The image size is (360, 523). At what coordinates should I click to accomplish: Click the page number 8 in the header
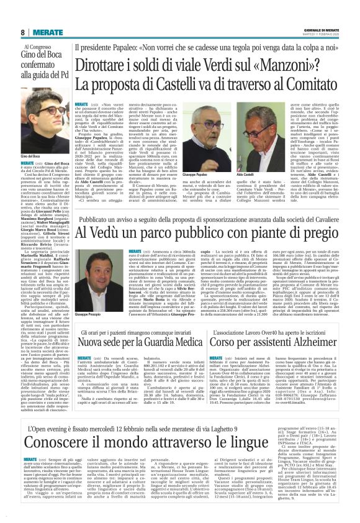[22, 32]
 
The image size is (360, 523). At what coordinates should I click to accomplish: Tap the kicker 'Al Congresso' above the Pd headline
[43, 47]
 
